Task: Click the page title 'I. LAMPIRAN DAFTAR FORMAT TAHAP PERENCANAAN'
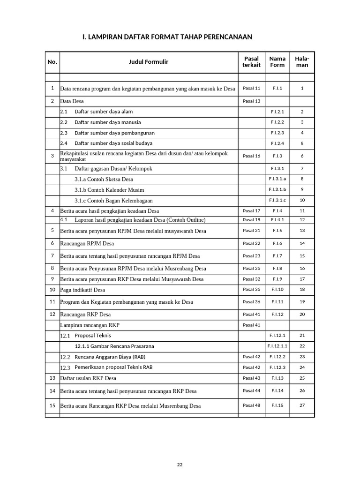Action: click(x=167, y=37)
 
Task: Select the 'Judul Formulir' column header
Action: click(x=149, y=62)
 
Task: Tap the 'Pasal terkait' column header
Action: click(x=251, y=62)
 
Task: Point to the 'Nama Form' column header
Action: click(x=277, y=62)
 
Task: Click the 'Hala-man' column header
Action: click(x=302, y=62)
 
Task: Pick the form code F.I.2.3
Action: click(x=277, y=133)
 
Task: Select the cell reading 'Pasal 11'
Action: click(x=251, y=88)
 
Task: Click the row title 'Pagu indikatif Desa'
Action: click(x=82, y=290)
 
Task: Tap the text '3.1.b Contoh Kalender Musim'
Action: click(x=109, y=190)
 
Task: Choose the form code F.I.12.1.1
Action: click(x=277, y=346)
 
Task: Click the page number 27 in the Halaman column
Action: click(x=302, y=405)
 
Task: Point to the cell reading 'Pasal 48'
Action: click(x=251, y=405)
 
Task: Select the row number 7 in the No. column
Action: click(x=52, y=255)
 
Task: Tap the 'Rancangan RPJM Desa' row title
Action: click(x=87, y=244)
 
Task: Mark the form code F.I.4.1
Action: click(x=277, y=220)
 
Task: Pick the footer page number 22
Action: click(x=180, y=465)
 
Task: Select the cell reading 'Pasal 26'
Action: click(x=251, y=269)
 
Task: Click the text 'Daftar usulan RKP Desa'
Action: click(x=88, y=378)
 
